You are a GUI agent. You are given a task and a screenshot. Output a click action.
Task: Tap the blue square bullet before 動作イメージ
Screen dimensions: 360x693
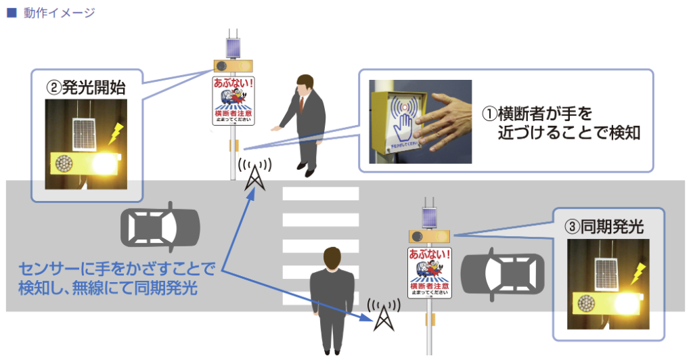coord(11,13)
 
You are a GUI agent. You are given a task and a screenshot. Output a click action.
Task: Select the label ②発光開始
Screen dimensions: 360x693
coord(85,88)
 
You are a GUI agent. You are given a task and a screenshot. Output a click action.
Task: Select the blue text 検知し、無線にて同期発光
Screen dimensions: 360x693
coord(108,288)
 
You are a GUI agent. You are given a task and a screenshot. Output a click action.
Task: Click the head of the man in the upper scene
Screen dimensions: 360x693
coord(304,84)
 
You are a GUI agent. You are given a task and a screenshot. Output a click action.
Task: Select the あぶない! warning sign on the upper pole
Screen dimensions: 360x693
coord(233,101)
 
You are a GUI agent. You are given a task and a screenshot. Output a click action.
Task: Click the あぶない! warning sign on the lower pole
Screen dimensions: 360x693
coord(429,272)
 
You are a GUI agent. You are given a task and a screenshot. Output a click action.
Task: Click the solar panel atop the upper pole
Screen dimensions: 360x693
coord(233,48)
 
